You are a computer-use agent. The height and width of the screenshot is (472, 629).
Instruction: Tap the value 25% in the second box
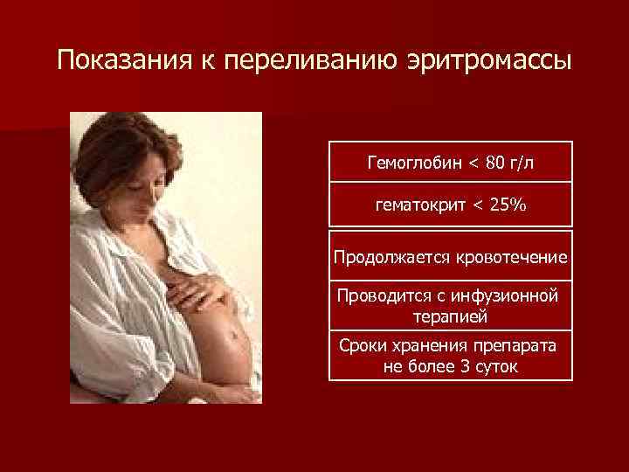508,205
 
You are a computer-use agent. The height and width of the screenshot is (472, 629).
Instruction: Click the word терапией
451,316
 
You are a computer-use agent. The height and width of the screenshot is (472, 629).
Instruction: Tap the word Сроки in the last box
362,346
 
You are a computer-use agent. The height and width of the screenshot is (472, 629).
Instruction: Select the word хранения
422,346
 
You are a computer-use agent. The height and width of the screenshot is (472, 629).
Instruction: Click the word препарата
508,346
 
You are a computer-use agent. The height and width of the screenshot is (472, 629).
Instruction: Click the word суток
494,366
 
